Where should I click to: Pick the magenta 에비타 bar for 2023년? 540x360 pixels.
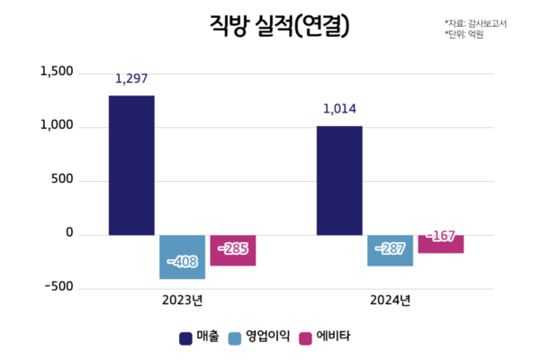233,250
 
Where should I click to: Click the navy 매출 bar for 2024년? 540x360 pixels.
339,180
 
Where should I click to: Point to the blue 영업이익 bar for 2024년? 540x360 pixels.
390,250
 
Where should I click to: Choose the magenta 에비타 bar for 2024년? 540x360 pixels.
440,243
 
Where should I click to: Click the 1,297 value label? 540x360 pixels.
131,79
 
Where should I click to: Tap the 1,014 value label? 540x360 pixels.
339,110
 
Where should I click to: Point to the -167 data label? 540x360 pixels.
440,236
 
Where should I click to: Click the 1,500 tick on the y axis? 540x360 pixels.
57,72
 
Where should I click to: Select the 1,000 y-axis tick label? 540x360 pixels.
57,126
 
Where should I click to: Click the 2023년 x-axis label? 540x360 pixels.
184,301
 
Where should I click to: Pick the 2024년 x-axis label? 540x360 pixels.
391,301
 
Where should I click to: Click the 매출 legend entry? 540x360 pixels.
199,337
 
